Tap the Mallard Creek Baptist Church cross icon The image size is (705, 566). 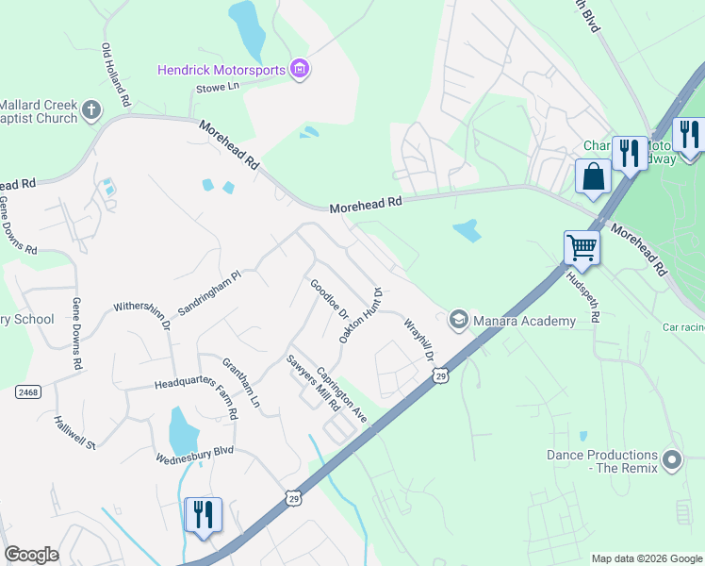click(90, 110)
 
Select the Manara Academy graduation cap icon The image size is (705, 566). click(459, 320)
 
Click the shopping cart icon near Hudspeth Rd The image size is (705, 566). click(582, 248)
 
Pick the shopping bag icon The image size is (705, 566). click(594, 176)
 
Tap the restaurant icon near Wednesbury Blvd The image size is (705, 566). click(204, 515)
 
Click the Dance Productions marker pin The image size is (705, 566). click(671, 461)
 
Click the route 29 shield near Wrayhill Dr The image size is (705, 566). click(440, 376)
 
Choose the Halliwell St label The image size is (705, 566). click(75, 432)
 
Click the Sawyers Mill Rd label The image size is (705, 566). click(313, 383)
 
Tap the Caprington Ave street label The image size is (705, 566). click(341, 394)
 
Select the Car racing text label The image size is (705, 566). click(683, 327)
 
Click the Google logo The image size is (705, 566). click(31, 555)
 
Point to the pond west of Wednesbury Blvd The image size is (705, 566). click(183, 430)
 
